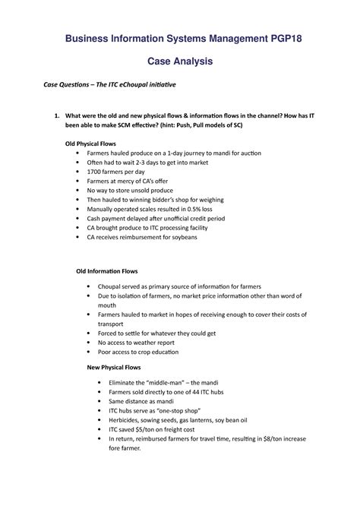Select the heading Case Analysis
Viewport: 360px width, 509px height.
(x=179, y=60)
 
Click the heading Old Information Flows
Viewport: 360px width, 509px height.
(x=106, y=270)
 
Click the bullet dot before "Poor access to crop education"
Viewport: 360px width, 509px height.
(x=92, y=353)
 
